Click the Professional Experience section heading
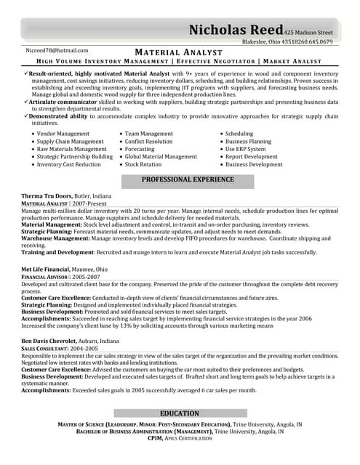click(188, 179)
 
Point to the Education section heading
click(180, 413)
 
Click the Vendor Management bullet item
click(63, 134)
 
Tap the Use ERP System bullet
click(245, 149)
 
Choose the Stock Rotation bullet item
click(143, 164)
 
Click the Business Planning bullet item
click(248, 142)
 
